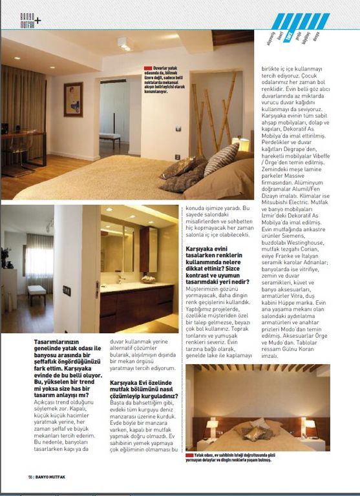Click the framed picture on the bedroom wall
73,99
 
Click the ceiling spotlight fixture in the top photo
123,44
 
